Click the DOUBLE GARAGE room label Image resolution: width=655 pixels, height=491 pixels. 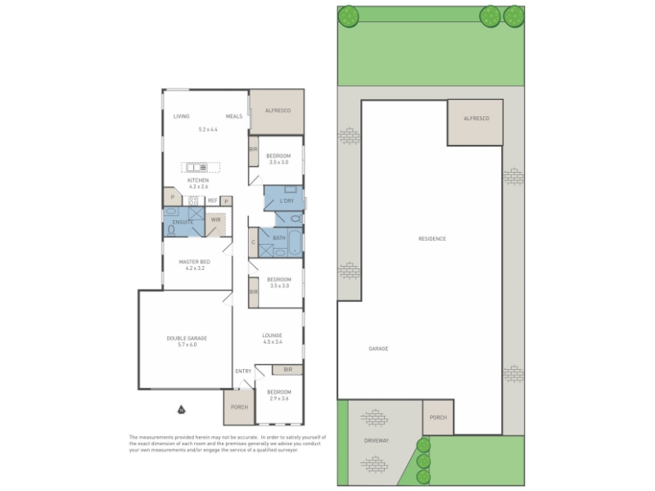pos(187,338)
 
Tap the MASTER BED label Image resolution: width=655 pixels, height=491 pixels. pos(195,262)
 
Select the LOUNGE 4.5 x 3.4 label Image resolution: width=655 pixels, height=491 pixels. pos(273,338)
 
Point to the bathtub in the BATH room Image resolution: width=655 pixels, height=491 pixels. pos(296,242)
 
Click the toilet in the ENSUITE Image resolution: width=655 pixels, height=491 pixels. pos(171,230)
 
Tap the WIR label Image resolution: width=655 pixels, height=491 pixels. pos(216,219)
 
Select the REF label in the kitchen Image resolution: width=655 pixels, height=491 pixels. pos(213,200)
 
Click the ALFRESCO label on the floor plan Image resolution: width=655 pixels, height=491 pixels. pos(278,110)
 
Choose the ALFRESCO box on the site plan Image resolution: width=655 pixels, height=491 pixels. pos(476,122)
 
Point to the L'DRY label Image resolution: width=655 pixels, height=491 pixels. pos(287,200)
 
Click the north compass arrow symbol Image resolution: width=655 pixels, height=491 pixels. pos(181,409)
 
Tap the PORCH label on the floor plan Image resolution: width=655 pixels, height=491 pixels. pos(239,407)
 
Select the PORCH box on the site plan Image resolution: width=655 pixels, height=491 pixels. pos(438,417)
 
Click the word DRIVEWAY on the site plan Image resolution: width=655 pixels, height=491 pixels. pos(377,440)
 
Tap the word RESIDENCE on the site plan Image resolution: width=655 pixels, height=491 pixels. pos(432,239)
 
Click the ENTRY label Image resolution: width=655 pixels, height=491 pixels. pos(243,372)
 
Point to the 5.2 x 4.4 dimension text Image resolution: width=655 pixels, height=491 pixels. pos(208,129)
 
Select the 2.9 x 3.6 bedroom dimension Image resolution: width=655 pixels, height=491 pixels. pos(279,399)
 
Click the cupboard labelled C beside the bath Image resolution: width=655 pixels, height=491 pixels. pos(253,242)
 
